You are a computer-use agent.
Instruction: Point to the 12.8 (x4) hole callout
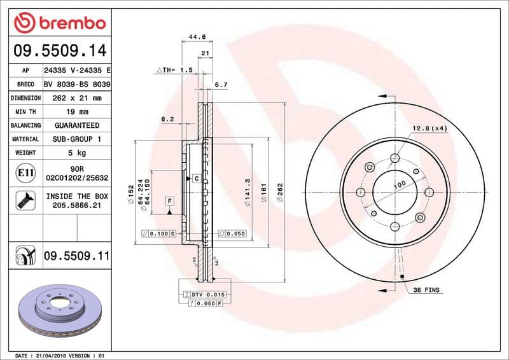(x=429, y=128)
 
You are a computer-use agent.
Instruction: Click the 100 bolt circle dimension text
(x=400, y=185)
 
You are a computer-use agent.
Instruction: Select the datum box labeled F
(x=169, y=201)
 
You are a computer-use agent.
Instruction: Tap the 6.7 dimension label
(x=221, y=84)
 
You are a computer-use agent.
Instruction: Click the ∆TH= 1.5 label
(x=174, y=70)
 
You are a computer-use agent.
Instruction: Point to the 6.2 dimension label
(x=167, y=119)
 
